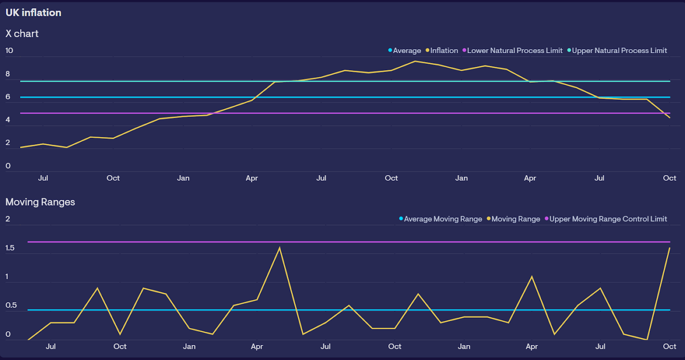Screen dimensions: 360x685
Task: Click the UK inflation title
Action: point(33,13)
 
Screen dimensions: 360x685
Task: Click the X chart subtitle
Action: point(22,34)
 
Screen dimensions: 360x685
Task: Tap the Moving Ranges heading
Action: point(40,202)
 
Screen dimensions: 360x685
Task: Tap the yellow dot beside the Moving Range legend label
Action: point(489,219)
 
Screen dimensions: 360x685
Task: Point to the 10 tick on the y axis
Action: point(9,51)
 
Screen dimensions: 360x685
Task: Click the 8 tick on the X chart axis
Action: point(8,74)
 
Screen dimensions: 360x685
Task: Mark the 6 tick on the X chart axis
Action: point(8,97)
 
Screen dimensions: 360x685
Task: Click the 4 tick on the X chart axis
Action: point(8,120)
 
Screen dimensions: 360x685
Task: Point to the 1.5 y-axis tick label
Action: point(10,248)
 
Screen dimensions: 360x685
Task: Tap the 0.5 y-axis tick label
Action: point(11,305)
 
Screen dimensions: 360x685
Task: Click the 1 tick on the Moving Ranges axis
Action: point(7,277)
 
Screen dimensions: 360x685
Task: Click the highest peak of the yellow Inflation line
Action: point(415,61)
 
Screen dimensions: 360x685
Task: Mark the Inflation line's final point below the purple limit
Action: point(670,117)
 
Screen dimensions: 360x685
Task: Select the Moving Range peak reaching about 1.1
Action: point(532,277)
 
